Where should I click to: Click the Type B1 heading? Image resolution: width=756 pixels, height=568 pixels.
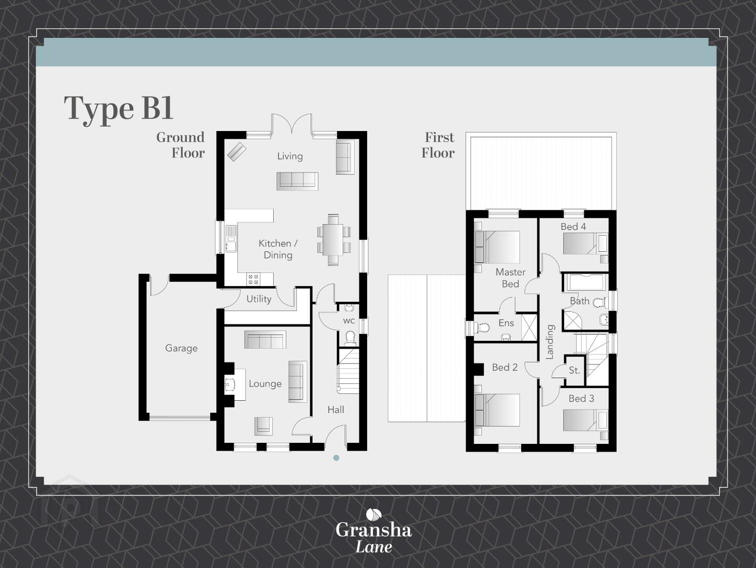tap(118, 109)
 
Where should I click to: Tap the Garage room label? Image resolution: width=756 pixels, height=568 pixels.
tap(181, 348)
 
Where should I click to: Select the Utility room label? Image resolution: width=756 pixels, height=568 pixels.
tap(258, 299)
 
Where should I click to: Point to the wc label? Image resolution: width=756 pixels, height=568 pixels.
tap(349, 321)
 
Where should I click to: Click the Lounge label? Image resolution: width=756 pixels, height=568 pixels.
tap(265, 383)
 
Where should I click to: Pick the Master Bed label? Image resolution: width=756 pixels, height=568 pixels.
tap(511, 278)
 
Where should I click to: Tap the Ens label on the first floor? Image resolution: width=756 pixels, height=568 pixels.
tap(506, 323)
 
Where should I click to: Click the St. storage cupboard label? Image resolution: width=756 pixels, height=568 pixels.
tap(574, 370)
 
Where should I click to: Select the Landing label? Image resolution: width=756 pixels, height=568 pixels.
tap(550, 342)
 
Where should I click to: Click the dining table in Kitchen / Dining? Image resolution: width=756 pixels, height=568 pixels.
tap(334, 239)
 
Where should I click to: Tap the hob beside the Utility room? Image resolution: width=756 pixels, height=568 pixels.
tap(254, 279)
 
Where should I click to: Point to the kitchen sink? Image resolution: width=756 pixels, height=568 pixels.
tap(231, 238)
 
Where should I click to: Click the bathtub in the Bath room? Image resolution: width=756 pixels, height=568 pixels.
tap(586, 282)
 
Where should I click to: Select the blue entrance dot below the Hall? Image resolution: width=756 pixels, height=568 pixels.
tap(336, 458)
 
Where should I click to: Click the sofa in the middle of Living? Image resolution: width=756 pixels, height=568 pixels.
tap(297, 181)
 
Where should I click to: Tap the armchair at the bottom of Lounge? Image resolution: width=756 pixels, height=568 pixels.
tap(264, 426)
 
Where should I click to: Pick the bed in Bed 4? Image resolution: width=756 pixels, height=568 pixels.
tap(585, 244)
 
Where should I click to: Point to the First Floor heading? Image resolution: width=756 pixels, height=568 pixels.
tap(438, 145)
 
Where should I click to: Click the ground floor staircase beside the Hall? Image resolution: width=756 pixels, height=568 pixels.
tap(348, 371)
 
